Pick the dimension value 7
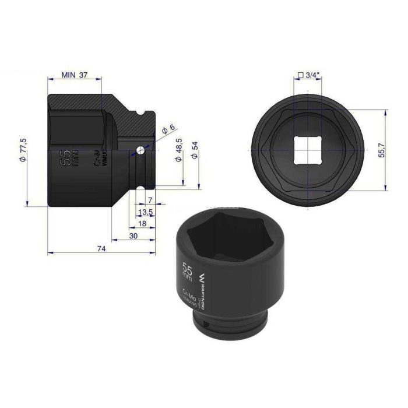[150, 201]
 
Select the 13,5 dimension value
[146, 213]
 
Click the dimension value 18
[142, 224]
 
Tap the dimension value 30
[134, 236]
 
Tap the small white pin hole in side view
[140, 150]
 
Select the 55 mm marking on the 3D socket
[188, 272]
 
